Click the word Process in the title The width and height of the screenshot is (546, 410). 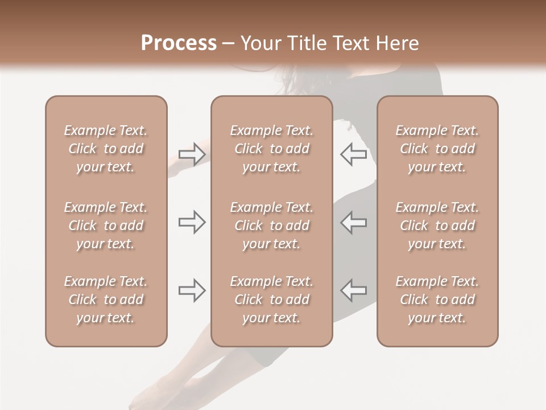(x=179, y=43)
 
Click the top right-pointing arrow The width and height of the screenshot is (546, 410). (x=192, y=154)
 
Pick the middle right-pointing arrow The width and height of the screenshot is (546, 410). (x=192, y=223)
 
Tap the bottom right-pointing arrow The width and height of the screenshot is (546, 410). (x=192, y=290)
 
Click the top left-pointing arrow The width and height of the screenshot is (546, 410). (x=353, y=154)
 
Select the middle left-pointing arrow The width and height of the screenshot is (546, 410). (x=353, y=223)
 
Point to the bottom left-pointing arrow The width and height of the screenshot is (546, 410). (x=353, y=290)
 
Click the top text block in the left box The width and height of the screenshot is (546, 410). (x=106, y=149)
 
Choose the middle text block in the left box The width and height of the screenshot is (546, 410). (x=106, y=225)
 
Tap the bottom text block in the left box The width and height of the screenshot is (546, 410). (x=106, y=300)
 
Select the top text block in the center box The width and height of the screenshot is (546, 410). (x=271, y=149)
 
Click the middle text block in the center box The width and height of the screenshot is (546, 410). (x=271, y=225)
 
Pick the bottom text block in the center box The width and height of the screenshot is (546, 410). (x=271, y=300)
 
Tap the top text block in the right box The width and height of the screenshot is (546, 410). (x=437, y=149)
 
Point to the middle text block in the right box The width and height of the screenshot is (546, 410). (x=437, y=225)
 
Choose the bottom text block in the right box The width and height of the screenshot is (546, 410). (x=437, y=300)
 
